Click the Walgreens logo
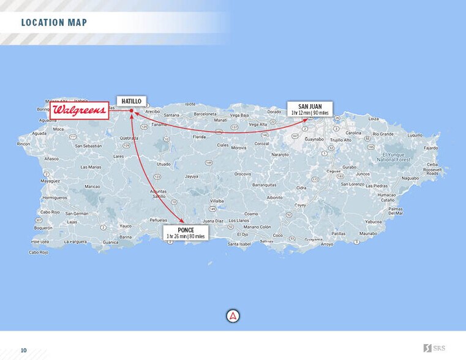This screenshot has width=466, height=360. coord(80,111)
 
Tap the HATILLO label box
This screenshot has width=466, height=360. coord(131,101)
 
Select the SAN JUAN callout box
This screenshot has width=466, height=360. coord(310,110)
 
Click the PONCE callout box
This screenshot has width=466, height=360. coord(186,233)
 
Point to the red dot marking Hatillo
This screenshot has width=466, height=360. coord(132,111)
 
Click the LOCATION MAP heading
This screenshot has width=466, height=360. coord(54,23)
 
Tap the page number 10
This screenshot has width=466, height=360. coord(24,350)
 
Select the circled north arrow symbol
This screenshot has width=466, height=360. coord(233,316)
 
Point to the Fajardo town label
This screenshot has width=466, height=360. coord(430,148)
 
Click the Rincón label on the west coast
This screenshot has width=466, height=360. coord(23,144)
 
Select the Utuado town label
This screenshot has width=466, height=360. coord(163,164)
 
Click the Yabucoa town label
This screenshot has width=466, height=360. coord(373,222)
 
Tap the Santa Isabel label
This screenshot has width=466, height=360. coord(239,244)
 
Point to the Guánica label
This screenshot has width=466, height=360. coord(111,242)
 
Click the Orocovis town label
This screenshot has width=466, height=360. coord(242,174)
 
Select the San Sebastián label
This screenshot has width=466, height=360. coord(88,146)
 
